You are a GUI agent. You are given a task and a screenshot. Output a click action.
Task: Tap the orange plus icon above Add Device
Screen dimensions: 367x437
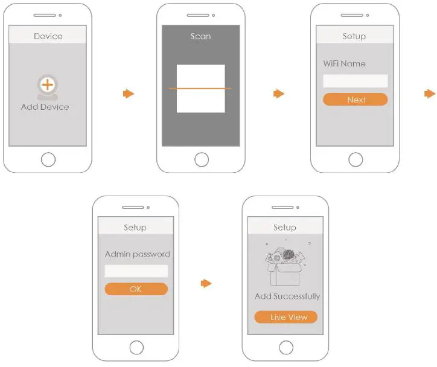tap(47, 85)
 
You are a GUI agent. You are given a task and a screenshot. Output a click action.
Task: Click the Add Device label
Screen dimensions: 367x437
tap(45, 107)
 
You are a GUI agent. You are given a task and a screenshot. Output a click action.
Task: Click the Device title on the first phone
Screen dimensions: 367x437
tap(48, 36)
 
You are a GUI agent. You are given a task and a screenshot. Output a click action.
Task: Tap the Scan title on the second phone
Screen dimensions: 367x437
tap(201, 36)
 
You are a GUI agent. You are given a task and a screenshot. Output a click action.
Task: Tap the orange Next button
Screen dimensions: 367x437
tap(356, 100)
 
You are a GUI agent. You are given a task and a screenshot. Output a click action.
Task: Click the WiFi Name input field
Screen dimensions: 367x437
tap(356, 81)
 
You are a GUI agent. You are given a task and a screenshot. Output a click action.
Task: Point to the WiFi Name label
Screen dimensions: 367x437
tap(344, 63)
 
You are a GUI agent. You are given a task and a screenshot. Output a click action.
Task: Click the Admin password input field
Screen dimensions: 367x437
tap(136, 271)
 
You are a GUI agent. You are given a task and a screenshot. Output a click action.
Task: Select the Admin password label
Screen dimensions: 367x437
tap(137, 254)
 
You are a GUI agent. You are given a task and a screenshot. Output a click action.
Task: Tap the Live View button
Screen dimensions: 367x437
tap(285, 317)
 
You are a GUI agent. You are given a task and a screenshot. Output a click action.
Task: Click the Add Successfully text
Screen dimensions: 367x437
tap(287, 296)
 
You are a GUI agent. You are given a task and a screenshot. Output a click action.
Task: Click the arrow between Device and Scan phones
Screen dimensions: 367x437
tap(128, 94)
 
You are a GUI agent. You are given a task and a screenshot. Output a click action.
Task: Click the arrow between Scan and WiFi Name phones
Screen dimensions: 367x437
tap(278, 94)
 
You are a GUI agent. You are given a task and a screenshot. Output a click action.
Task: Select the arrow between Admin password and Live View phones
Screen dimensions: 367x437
tap(206, 283)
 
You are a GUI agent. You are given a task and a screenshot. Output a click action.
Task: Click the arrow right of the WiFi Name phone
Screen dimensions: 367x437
tap(429, 94)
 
